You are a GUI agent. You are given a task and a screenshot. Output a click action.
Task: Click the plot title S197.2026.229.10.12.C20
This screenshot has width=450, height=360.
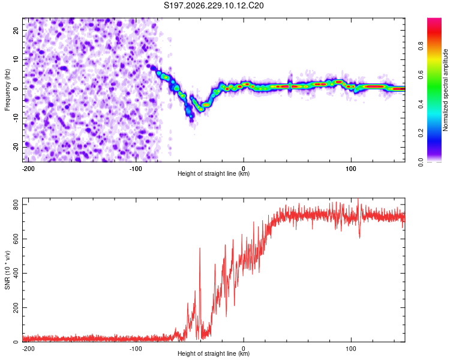tap(214, 5)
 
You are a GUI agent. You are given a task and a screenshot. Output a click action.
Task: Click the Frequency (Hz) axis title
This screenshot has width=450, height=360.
tap(7, 90)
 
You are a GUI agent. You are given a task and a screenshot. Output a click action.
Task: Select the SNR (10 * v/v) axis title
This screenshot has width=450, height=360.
tap(7, 270)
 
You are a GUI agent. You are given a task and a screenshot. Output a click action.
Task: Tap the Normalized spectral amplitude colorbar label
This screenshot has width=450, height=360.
tap(445, 90)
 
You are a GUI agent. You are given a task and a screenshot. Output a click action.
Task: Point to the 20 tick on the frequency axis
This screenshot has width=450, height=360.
tap(16, 30)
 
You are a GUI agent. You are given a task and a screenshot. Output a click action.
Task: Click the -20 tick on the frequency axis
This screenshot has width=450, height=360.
tap(16, 148)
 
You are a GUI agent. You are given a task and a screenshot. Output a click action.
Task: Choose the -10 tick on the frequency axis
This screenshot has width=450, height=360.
tap(16, 118)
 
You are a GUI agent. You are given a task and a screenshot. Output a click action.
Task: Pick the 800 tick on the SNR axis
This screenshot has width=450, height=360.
tap(16, 205)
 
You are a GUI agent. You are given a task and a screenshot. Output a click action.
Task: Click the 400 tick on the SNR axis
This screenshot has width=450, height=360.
tap(16, 274)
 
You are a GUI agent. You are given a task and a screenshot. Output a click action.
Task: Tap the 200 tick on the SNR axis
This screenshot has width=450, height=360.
tap(16, 307)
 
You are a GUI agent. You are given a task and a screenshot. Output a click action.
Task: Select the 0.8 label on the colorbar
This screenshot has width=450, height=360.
tap(421, 46)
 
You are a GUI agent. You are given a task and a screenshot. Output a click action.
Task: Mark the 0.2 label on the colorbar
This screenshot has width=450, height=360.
tap(421, 133)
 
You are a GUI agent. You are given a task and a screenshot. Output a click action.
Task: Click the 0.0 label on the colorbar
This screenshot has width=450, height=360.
tap(421, 162)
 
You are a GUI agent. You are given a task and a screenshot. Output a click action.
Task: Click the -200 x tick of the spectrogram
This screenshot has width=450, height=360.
tap(28, 169)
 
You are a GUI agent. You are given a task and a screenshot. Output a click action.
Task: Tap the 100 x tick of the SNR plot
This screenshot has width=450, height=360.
tap(351, 349)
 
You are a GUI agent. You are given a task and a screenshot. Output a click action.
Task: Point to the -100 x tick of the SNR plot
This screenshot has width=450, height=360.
tap(136, 349)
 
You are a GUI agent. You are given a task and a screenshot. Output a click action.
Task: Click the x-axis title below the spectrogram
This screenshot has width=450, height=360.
tap(214, 173)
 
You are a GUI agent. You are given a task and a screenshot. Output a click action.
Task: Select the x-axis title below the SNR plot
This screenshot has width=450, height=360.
tap(214, 353)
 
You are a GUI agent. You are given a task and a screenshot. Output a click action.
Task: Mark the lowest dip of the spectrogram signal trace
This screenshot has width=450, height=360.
tap(191, 119)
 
